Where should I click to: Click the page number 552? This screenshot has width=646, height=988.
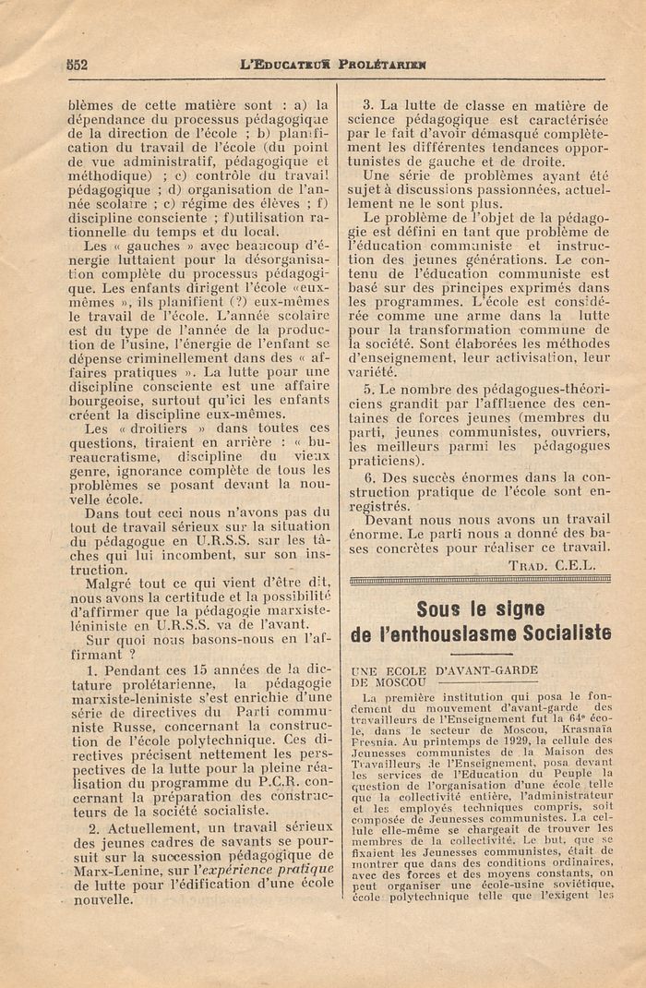pos(76,65)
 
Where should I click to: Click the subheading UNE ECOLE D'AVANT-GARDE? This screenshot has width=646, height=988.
pos(444,669)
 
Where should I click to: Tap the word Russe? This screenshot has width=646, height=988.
pos(100,726)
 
